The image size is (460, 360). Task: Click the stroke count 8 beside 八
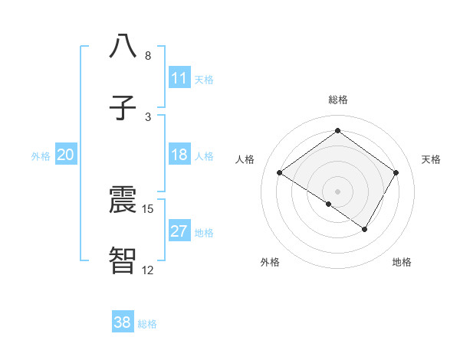[148, 56]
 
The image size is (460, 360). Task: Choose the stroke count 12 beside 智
[148, 270]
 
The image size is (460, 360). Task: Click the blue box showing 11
[179, 78]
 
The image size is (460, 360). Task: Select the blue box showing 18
[179, 155]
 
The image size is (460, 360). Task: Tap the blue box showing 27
[179, 231]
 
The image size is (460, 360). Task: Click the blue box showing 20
[66, 155]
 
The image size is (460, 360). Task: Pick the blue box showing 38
[123, 322]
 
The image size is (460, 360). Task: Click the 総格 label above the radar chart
[337, 100]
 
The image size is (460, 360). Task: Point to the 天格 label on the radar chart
[431, 159]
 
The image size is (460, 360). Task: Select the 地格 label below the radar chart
[402, 262]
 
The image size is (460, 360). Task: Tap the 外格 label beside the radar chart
[270, 262]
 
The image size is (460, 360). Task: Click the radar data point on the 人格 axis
[280, 173]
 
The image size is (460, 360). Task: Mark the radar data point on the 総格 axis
[337, 131]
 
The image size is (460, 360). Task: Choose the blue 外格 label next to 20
[41, 155]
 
